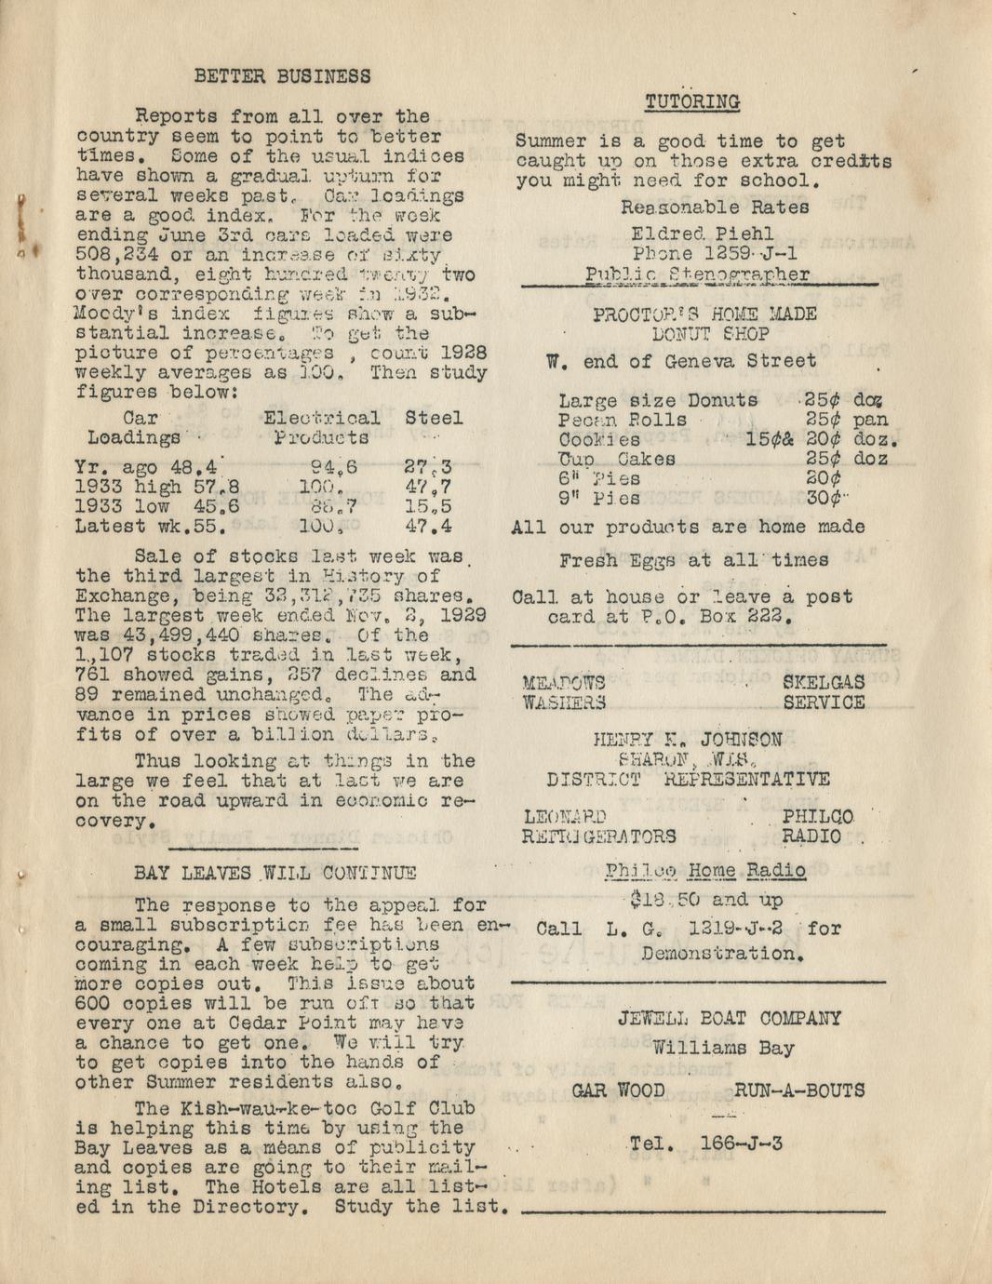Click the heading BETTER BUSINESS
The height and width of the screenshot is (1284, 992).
[282, 76]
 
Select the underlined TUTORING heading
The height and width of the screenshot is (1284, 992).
[692, 101]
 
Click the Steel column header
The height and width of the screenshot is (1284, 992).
[434, 418]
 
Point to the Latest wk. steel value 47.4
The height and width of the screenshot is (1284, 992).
[429, 526]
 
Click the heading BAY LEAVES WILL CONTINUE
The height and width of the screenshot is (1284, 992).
[275, 873]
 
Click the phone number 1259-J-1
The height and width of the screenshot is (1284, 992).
[749, 253]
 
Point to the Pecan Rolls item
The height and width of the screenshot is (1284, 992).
[623, 420]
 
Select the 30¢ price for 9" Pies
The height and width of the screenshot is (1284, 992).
[824, 498]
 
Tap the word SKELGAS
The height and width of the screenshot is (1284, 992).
[823, 683]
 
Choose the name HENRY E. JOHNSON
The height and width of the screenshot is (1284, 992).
[688, 740]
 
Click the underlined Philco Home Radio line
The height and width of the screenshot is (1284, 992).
[704, 871]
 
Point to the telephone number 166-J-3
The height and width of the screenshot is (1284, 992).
[741, 1143]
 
